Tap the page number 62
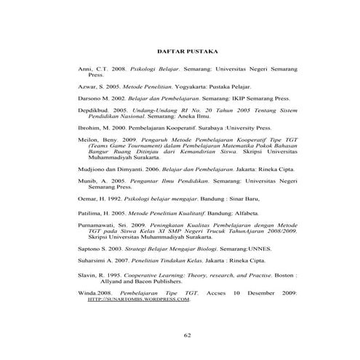click(187, 335)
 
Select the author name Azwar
click(87, 86)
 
